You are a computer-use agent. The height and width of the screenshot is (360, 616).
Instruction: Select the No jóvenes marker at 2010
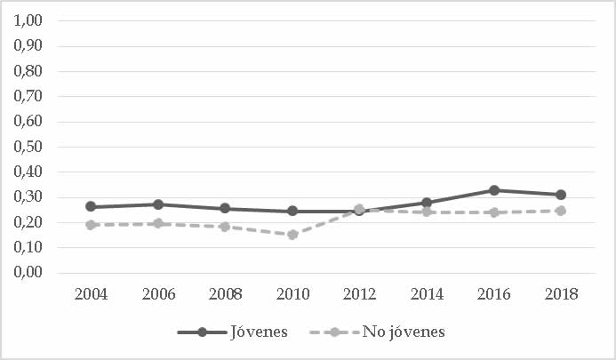click(292, 235)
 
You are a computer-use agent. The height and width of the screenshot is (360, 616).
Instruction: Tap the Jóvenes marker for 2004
click(91, 206)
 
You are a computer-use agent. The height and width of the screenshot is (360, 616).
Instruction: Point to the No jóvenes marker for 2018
click(561, 211)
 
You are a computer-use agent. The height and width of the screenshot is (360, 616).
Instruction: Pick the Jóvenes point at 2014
click(427, 203)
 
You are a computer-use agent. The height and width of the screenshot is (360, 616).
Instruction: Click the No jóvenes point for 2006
click(158, 223)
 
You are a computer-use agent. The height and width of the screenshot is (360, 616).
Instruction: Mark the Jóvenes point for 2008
click(225, 209)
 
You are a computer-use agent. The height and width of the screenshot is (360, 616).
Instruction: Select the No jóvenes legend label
click(404, 332)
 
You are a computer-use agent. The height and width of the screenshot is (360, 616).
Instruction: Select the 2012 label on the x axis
click(359, 294)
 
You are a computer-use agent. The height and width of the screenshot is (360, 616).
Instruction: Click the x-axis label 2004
click(91, 294)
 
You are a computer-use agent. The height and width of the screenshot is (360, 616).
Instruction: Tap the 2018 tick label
click(561, 294)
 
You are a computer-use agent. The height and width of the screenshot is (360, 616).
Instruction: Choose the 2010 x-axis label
click(292, 294)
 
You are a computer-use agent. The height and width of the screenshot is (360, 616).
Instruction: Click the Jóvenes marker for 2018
click(561, 195)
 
